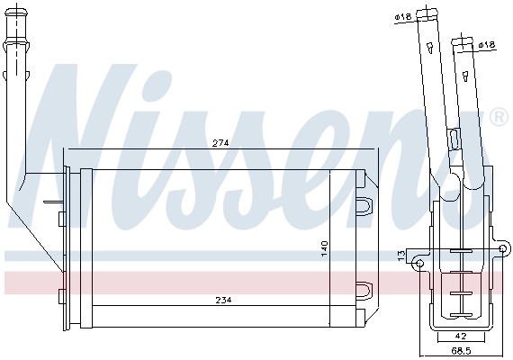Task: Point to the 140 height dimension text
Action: click(x=325, y=249)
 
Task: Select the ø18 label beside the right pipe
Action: click(x=487, y=44)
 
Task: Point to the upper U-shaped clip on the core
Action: click(x=364, y=206)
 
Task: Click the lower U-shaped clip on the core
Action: click(x=364, y=291)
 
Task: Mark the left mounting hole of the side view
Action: click(x=418, y=263)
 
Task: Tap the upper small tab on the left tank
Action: click(x=59, y=218)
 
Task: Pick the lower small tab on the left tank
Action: click(x=59, y=295)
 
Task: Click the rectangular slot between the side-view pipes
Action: click(x=454, y=139)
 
